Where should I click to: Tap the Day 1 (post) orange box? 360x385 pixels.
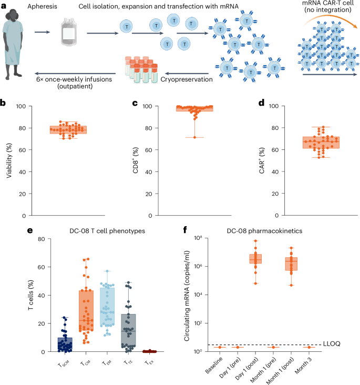pyautogui.click(x=256, y=259)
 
